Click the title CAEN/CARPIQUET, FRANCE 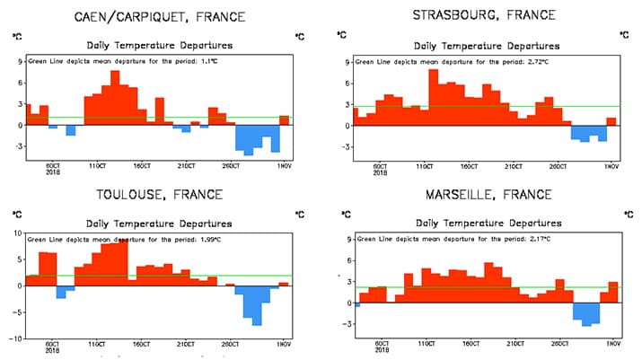click(x=159, y=16)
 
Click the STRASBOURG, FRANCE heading click(x=484, y=15)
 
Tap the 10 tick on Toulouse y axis click(x=17, y=233)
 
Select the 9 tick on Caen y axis click(x=19, y=62)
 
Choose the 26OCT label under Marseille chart click(x=558, y=344)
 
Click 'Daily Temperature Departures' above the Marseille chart click(x=486, y=223)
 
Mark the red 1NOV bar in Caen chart click(x=285, y=120)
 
